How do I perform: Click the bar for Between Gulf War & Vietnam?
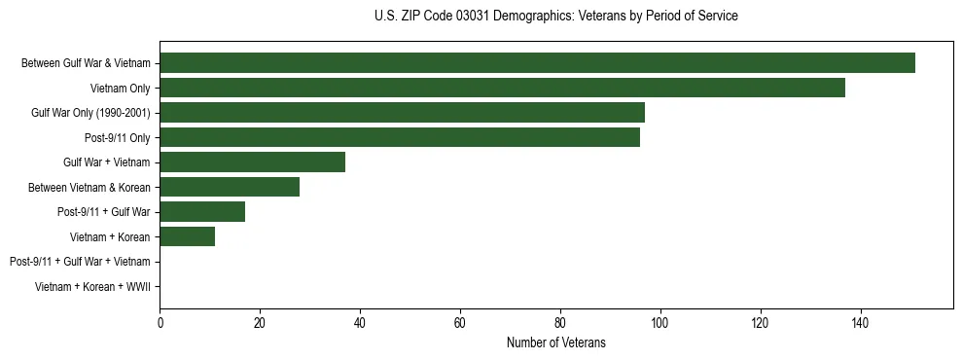point(537,63)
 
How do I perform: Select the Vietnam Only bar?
point(502,88)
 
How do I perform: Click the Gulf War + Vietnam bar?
point(252,162)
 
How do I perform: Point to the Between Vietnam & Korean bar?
point(230,187)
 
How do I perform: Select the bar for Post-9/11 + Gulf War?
point(202,212)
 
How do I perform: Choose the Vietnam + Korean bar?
point(187,236)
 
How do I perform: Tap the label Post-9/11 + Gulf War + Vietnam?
point(80,262)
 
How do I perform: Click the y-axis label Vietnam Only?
point(121,89)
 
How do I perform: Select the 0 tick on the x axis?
point(160,322)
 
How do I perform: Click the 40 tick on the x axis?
point(360,322)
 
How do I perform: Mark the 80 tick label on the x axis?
point(560,322)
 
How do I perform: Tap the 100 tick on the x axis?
point(660,322)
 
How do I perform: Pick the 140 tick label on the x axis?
point(860,322)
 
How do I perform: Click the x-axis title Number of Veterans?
point(556,342)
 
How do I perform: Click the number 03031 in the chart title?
point(473,17)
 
